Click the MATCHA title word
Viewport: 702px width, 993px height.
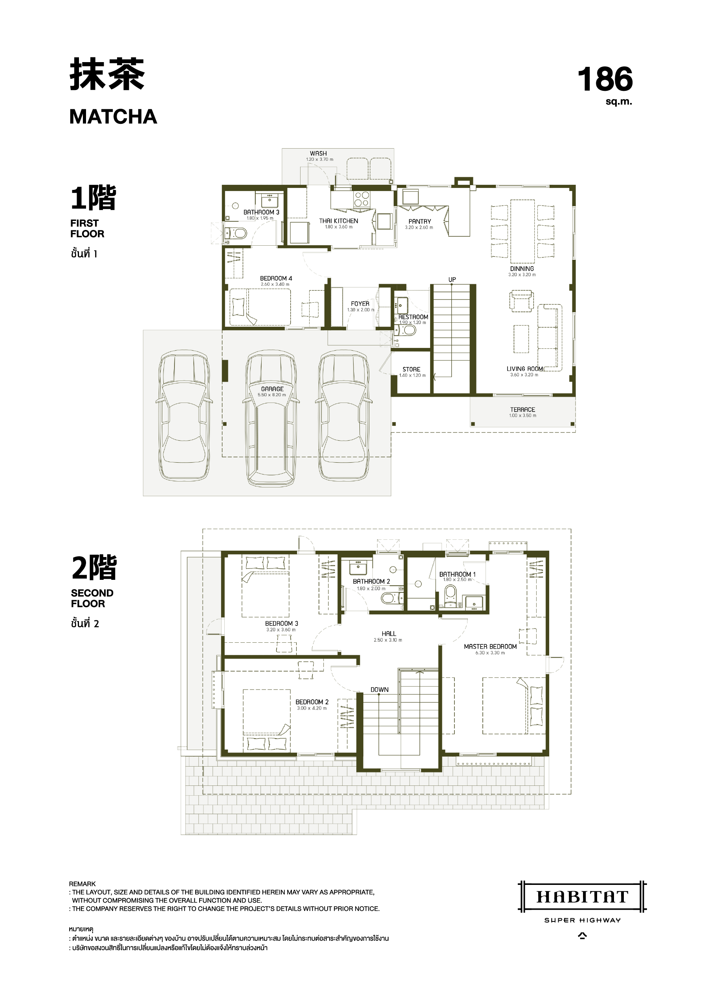tap(113, 117)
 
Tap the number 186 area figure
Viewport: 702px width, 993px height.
tap(605, 79)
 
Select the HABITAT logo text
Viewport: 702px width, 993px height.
tap(582, 897)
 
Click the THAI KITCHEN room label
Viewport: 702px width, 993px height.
tap(339, 221)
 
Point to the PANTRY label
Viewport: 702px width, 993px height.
tap(420, 221)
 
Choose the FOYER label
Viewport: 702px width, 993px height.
tap(360, 303)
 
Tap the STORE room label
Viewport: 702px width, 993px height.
tap(412, 370)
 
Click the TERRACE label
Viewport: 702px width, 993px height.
tap(522, 410)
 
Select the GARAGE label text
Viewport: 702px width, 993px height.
tap(272, 389)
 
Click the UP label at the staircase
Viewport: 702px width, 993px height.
tap(452, 280)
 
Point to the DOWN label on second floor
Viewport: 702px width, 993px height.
tap(379, 690)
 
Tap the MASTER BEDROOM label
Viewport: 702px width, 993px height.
tap(490, 647)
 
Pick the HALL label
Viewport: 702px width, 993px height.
tap(389, 634)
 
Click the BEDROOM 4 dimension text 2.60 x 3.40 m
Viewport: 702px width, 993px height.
tap(275, 284)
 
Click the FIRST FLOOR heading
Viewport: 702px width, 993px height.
tap(87, 228)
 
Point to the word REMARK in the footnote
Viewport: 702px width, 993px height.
tap(82, 884)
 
